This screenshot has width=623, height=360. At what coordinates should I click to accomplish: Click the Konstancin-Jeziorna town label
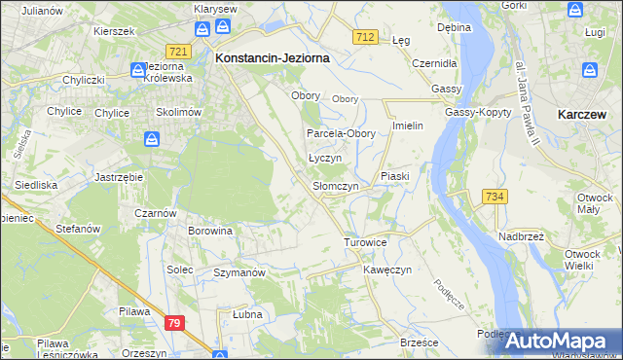coord(272,57)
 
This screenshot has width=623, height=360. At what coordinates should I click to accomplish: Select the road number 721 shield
coord(177,51)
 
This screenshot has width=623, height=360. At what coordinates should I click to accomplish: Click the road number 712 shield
coord(365,36)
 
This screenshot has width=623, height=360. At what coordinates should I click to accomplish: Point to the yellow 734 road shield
coord(495,197)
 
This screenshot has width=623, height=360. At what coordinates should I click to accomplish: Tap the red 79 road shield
coord(174,322)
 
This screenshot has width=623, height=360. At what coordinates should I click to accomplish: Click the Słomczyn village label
coord(336,185)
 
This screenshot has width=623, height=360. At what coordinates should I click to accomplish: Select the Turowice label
coord(366,241)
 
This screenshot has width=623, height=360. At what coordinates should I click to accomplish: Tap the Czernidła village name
coord(433,62)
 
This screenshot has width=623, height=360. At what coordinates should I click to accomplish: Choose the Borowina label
coord(210,231)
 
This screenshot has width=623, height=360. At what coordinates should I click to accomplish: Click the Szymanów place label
coord(239,273)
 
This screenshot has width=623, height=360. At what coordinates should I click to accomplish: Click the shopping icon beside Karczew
coord(590,70)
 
